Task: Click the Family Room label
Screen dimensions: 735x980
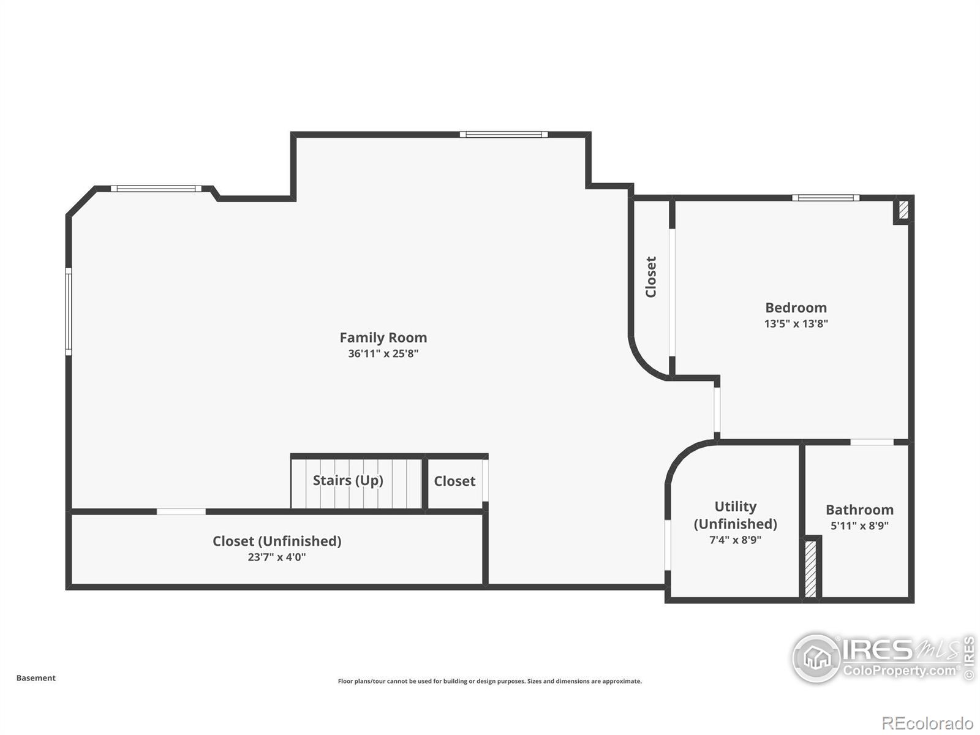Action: click(x=383, y=337)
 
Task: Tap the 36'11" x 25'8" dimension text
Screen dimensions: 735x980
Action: click(x=383, y=353)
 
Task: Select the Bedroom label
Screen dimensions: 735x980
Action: click(x=796, y=307)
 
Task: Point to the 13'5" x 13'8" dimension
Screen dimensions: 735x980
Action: click(x=796, y=323)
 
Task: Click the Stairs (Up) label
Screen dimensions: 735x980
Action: click(x=348, y=480)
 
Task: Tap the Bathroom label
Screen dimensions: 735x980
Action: click(x=859, y=510)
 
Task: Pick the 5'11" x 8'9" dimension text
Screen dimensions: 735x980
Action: click(x=859, y=526)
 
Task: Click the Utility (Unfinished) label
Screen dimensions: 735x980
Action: click(x=735, y=515)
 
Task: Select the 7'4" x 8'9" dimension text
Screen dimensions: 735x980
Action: click(x=735, y=540)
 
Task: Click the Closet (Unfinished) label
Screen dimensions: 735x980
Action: click(x=277, y=541)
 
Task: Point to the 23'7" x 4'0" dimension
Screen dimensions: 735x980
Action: click(x=277, y=557)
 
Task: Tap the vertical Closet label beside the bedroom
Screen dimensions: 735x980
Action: click(x=651, y=277)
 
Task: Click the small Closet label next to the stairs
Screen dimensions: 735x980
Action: click(x=454, y=481)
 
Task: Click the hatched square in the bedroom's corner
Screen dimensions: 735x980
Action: click(x=903, y=210)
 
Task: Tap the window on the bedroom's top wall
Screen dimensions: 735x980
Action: click(x=826, y=198)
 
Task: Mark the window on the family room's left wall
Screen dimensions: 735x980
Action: click(x=69, y=311)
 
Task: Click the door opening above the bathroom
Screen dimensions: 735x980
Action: click(x=872, y=442)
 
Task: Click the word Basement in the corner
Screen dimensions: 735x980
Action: click(x=36, y=678)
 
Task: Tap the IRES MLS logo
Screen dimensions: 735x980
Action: click(x=882, y=658)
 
